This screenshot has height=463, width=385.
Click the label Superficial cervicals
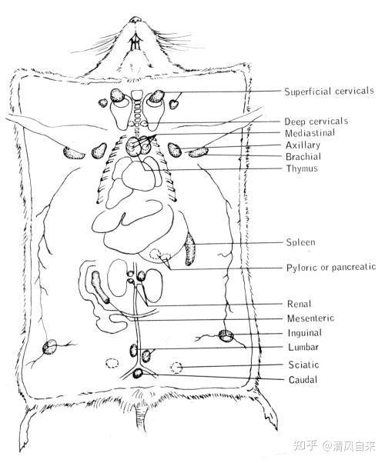[x=329, y=91]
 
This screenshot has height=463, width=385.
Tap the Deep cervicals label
[x=316, y=121]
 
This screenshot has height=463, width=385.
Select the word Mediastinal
[x=310, y=133]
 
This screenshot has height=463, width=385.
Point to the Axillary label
[x=303, y=145]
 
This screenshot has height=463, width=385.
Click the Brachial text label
[x=303, y=156]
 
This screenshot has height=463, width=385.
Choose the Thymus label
[x=302, y=168]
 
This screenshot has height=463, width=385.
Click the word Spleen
[x=301, y=242]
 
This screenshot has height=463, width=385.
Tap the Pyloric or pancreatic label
[x=331, y=268]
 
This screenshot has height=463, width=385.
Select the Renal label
[x=299, y=304]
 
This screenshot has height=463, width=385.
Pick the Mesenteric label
[x=310, y=318]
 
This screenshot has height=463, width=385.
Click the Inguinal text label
[x=305, y=333]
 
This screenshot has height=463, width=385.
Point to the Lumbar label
[x=303, y=347]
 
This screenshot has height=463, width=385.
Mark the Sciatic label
[x=303, y=365]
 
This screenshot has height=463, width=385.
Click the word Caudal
[x=303, y=379]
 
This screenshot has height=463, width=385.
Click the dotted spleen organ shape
[x=189, y=248]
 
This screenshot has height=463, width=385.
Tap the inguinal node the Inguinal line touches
[x=226, y=336]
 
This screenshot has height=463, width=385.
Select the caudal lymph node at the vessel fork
[x=138, y=374]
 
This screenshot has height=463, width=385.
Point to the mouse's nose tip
[x=135, y=19]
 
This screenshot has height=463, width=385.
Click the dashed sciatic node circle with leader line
[x=176, y=368]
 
